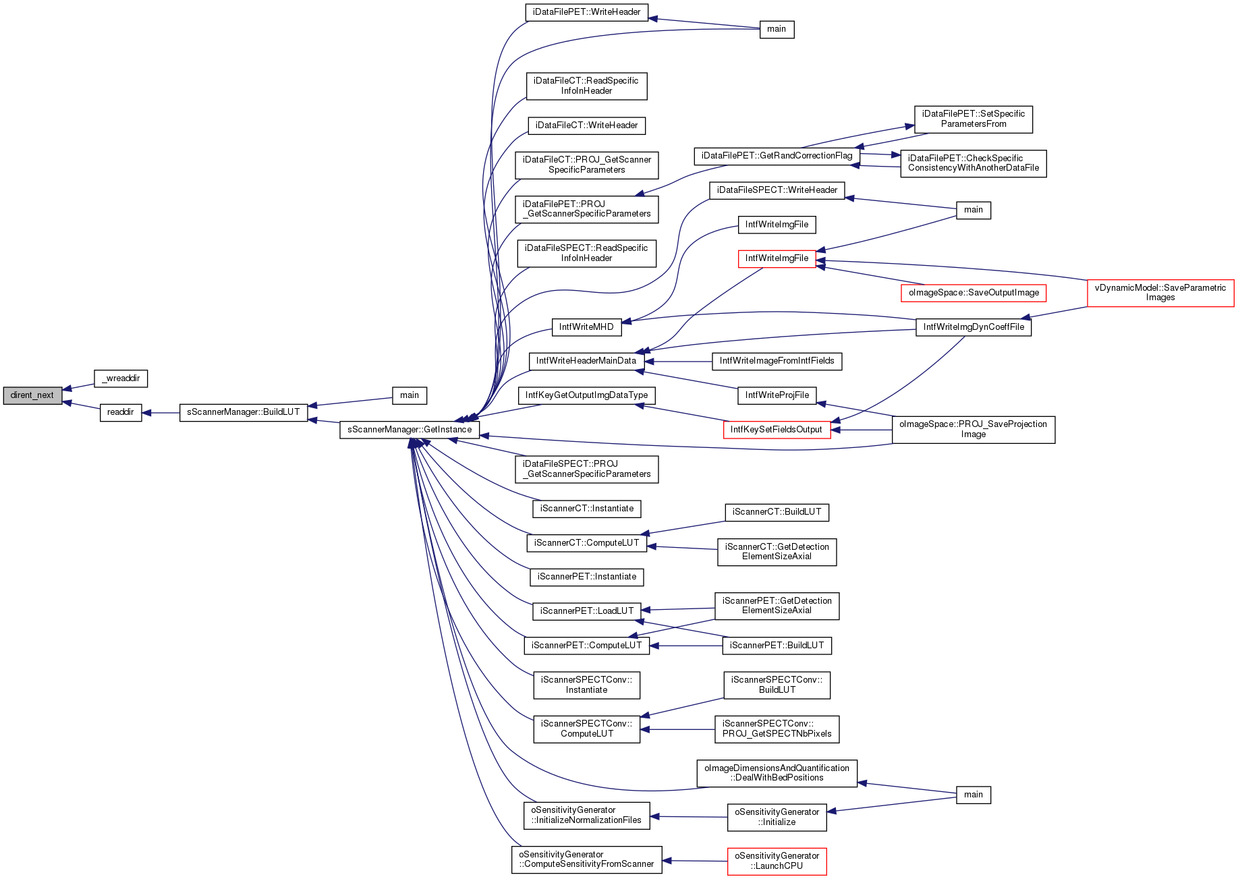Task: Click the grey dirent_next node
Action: click(32, 395)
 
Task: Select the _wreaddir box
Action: click(121, 378)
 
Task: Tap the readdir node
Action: click(121, 412)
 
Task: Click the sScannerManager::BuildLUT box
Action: click(244, 412)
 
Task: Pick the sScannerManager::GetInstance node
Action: click(410, 430)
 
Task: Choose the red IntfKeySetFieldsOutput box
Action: click(777, 430)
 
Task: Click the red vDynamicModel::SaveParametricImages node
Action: click(1160, 293)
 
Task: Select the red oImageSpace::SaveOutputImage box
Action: click(974, 293)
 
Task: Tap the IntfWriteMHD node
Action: click(586, 327)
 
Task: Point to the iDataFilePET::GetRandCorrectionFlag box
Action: click(777, 156)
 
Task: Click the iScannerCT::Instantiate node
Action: click(587, 509)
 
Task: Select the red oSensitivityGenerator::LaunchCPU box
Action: click(777, 861)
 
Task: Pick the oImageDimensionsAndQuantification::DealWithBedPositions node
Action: click(777, 773)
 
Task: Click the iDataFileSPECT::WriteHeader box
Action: click(777, 190)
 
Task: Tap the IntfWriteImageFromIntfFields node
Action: click(777, 361)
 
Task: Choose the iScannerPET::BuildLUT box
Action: click(777, 646)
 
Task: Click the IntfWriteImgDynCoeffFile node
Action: click(974, 327)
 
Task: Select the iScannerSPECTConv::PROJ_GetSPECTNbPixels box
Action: click(777, 729)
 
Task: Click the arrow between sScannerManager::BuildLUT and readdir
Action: click(161, 412)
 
